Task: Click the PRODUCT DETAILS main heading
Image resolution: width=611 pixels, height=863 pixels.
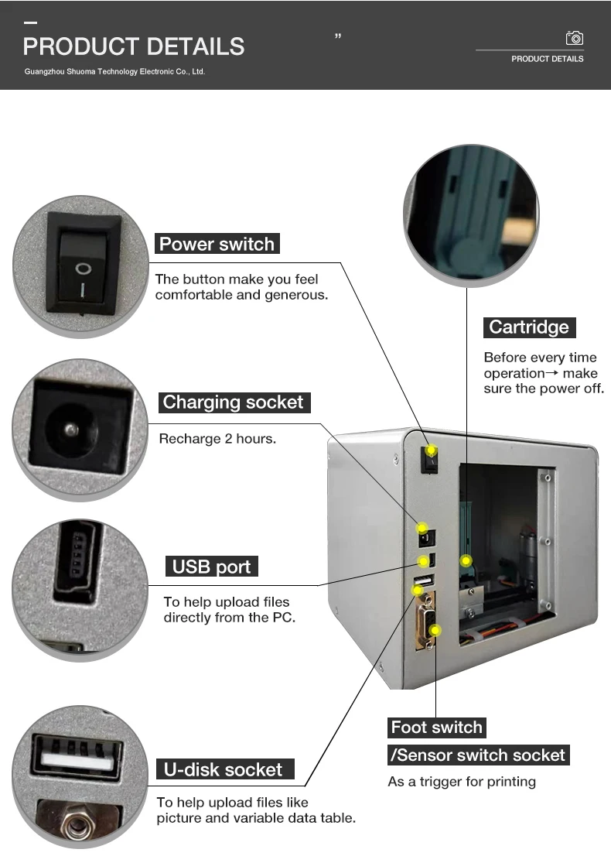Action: [134, 46]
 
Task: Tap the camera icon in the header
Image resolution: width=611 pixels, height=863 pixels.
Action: [574, 38]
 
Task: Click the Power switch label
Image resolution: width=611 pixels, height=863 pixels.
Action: [217, 245]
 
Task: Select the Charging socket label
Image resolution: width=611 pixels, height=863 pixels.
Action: [234, 402]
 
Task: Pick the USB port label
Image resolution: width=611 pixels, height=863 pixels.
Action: [211, 567]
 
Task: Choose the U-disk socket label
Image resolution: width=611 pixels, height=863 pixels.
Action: [224, 769]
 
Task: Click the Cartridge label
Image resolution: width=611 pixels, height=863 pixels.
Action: [529, 327]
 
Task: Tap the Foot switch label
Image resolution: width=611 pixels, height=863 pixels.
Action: [436, 728]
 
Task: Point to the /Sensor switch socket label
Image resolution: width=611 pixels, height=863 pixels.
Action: [480, 755]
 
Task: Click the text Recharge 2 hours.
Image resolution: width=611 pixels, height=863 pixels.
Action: [217, 439]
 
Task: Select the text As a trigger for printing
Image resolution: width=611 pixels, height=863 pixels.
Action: [462, 782]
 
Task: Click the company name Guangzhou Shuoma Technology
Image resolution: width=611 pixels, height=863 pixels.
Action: [114, 71]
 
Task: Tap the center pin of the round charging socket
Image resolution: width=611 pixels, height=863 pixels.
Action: [71, 429]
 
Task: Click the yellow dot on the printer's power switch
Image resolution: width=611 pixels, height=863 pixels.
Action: [432, 450]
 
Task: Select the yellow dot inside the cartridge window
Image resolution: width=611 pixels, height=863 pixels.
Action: [466, 560]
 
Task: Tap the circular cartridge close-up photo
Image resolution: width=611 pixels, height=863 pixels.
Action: [471, 211]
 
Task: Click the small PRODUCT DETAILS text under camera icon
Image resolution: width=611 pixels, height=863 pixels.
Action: [547, 59]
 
